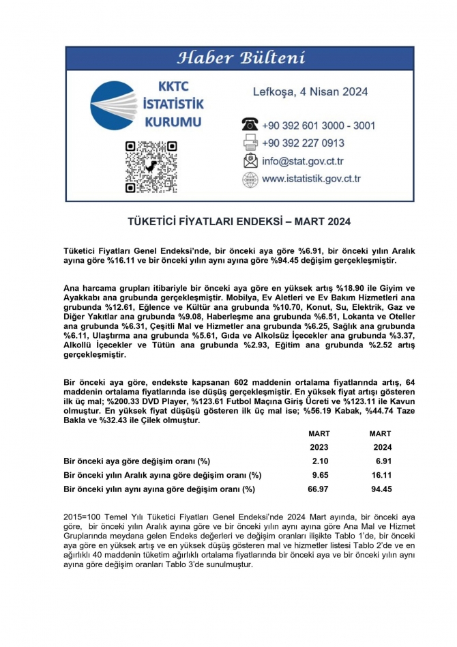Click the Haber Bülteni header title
pos(241,58)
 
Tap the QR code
pos(151,167)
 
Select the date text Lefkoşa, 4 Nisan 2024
pos(310,91)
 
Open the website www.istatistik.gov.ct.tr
pos(311,179)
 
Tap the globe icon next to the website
pos(250,179)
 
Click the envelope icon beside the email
pos(250,162)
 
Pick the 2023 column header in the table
pos(319,447)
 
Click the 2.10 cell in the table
pos(319,461)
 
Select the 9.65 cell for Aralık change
pos(319,474)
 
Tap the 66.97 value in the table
pos(317,489)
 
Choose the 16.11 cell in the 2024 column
pos(381,474)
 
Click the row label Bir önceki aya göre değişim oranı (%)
pos(136,461)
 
